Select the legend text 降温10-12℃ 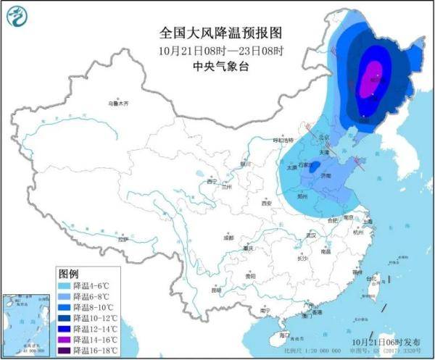pyautogui.click(x=93, y=319)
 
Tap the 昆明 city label pyautogui.click(x=215, y=290)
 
